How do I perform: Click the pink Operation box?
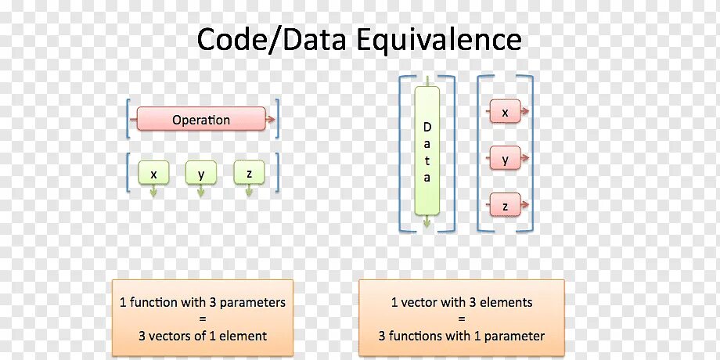tap(201, 120)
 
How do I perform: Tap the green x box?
tap(153, 173)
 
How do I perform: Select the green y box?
tap(201, 173)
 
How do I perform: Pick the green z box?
tap(249, 173)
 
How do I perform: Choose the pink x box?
tap(505, 113)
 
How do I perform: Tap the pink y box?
tap(505, 160)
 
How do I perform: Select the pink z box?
tap(505, 207)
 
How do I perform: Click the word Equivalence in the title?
tap(439, 39)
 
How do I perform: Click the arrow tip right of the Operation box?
tap(271, 120)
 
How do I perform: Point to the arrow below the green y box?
tap(201, 191)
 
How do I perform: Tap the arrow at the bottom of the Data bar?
tap(427, 222)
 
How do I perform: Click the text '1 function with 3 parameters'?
tap(202, 302)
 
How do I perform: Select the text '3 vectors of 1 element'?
tap(202, 337)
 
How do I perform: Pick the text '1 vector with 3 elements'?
tap(461, 302)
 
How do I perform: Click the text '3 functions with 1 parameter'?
tap(461, 337)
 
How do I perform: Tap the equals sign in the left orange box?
tap(202, 319)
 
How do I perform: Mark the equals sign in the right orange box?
tap(461, 319)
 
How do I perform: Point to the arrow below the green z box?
tap(249, 191)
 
